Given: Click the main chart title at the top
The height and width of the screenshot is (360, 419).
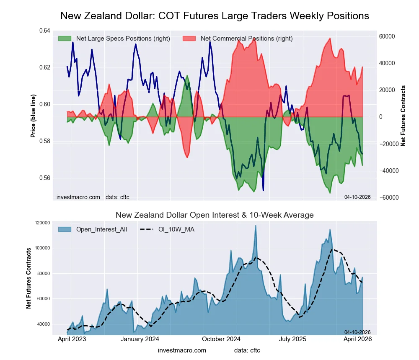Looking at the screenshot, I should click(215, 16).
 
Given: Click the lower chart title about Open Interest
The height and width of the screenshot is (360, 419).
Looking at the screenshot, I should click(215, 215).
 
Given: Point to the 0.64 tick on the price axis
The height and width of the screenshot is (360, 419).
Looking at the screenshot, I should click(44, 31).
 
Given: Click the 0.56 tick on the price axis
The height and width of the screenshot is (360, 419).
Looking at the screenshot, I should click(44, 178).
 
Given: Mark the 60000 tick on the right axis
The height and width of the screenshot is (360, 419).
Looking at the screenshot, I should click(388, 36).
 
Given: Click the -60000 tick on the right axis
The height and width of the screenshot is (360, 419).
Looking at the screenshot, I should click(388, 197).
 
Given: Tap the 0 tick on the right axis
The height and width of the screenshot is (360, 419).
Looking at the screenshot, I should click(381, 117).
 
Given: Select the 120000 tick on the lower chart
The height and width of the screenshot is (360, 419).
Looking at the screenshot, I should click(42, 223).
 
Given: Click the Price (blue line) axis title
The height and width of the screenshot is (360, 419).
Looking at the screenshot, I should click(33, 116).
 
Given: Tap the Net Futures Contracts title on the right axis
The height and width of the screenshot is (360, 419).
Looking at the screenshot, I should click(403, 116).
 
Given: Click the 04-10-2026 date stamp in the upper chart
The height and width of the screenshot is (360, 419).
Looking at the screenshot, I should click(357, 197).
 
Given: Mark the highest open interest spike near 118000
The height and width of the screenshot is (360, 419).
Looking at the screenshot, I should click(255, 226).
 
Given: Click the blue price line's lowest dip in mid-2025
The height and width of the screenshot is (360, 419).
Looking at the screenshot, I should click(263, 190).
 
